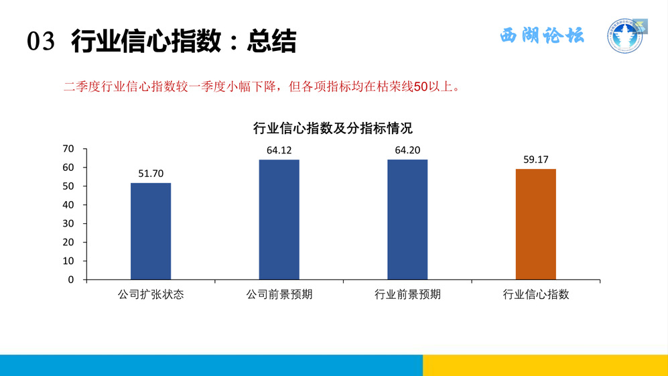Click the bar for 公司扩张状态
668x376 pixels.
point(151,231)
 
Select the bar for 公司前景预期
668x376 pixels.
point(279,220)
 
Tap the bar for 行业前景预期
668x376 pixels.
point(407,220)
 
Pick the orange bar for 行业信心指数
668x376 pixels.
point(536,225)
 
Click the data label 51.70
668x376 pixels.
point(151,174)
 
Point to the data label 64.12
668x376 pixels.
point(279,150)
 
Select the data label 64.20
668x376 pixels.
point(407,150)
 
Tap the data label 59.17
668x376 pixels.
point(536,160)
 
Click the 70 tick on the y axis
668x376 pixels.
point(68,149)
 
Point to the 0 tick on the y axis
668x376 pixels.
point(71,279)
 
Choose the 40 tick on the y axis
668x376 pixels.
point(68,204)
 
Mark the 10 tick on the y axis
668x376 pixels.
point(68,261)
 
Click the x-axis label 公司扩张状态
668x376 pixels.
point(151,294)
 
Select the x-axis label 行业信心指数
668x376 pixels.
point(536,294)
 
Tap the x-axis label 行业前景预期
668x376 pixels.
point(407,294)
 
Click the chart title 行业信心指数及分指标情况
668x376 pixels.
point(333,128)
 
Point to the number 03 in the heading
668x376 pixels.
point(41,42)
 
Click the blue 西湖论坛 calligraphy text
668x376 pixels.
point(542,36)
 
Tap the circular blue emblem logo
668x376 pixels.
point(624,36)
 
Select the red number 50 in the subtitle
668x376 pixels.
point(421,86)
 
